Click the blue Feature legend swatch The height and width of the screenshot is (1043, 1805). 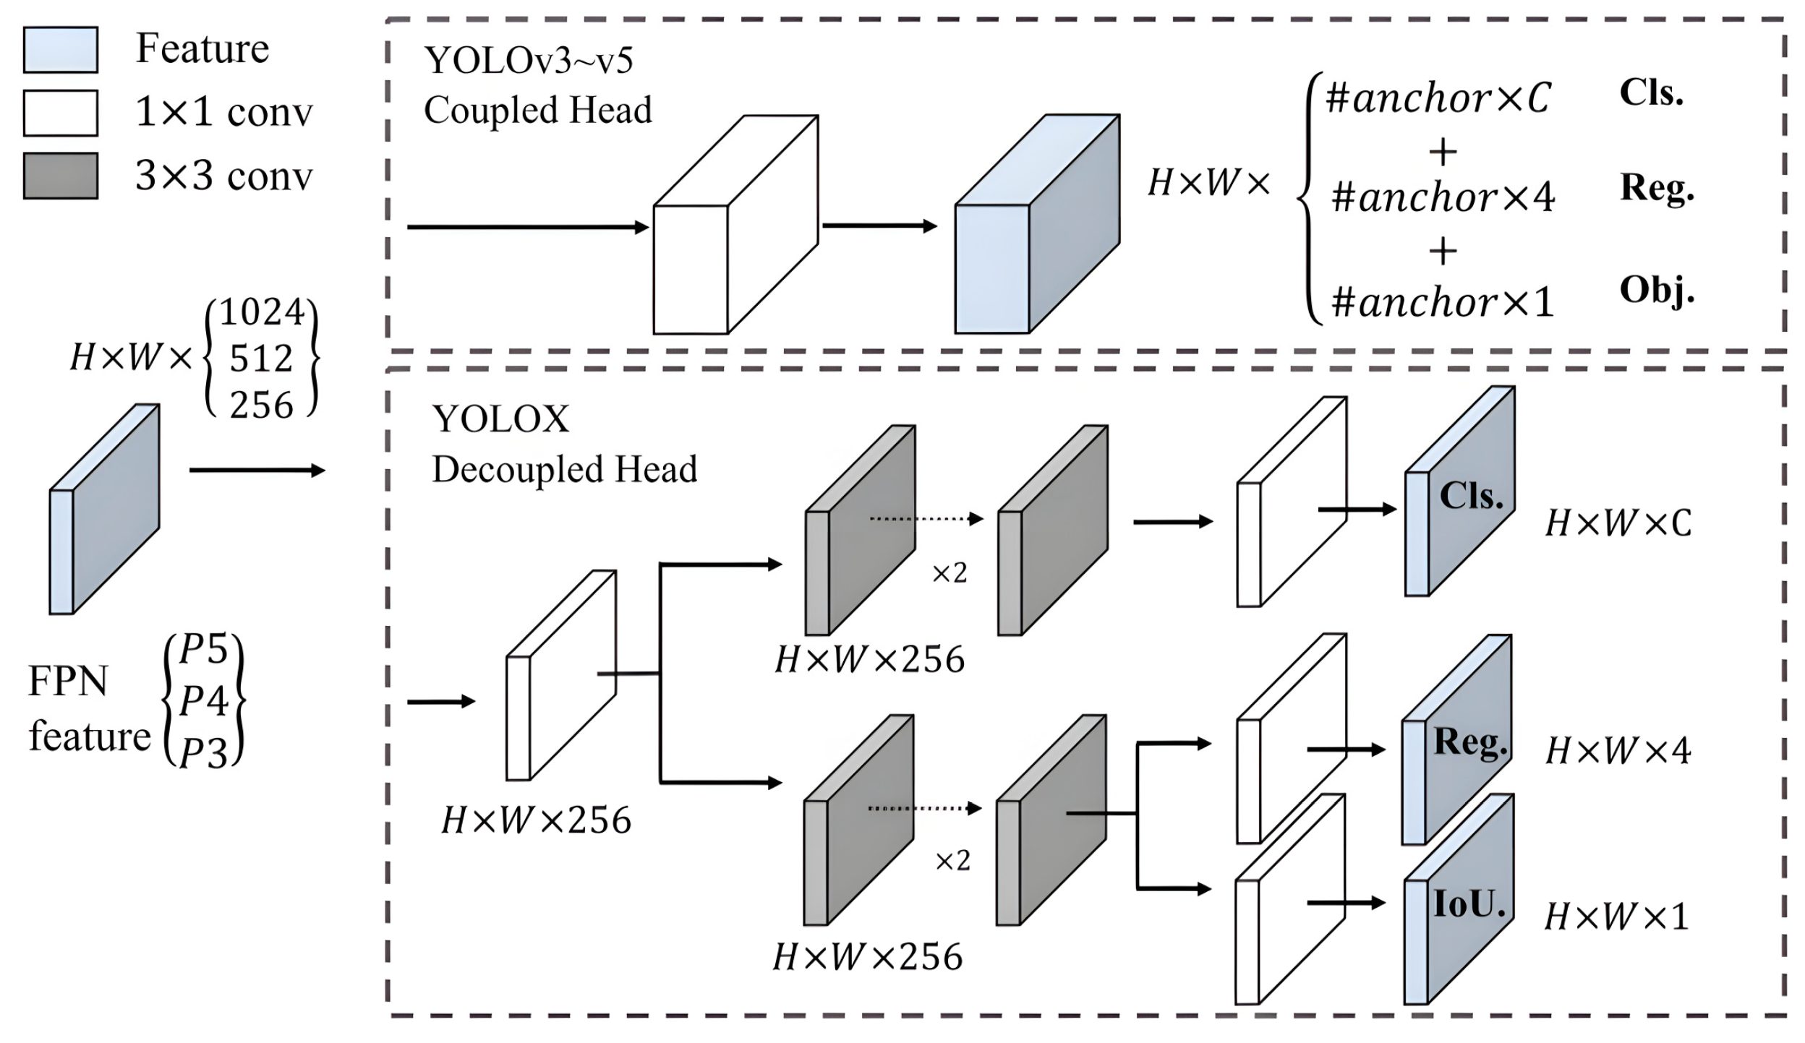tap(61, 50)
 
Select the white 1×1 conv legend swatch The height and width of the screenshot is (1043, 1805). tap(61, 113)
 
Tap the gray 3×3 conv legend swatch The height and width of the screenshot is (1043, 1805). tap(61, 176)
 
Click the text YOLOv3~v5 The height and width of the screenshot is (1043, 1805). tap(529, 60)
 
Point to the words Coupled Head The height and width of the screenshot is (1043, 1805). tap(537, 111)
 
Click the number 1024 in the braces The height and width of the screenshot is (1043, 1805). tap(262, 313)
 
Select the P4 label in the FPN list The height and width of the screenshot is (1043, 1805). tap(204, 700)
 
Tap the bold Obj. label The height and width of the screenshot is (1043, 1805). tap(1657, 291)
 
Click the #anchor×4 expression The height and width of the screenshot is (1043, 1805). tap(1443, 197)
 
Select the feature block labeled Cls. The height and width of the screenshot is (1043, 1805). tap(1460, 499)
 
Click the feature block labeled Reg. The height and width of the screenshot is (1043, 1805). tap(1456, 748)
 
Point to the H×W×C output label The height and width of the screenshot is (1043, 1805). tap(1618, 523)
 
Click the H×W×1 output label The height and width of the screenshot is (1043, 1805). tap(1616, 917)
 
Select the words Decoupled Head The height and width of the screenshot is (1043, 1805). tap(564, 470)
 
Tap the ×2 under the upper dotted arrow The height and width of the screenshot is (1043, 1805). tap(949, 573)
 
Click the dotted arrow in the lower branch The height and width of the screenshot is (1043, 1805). tap(924, 808)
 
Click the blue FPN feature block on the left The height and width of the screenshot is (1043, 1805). tap(105, 510)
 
